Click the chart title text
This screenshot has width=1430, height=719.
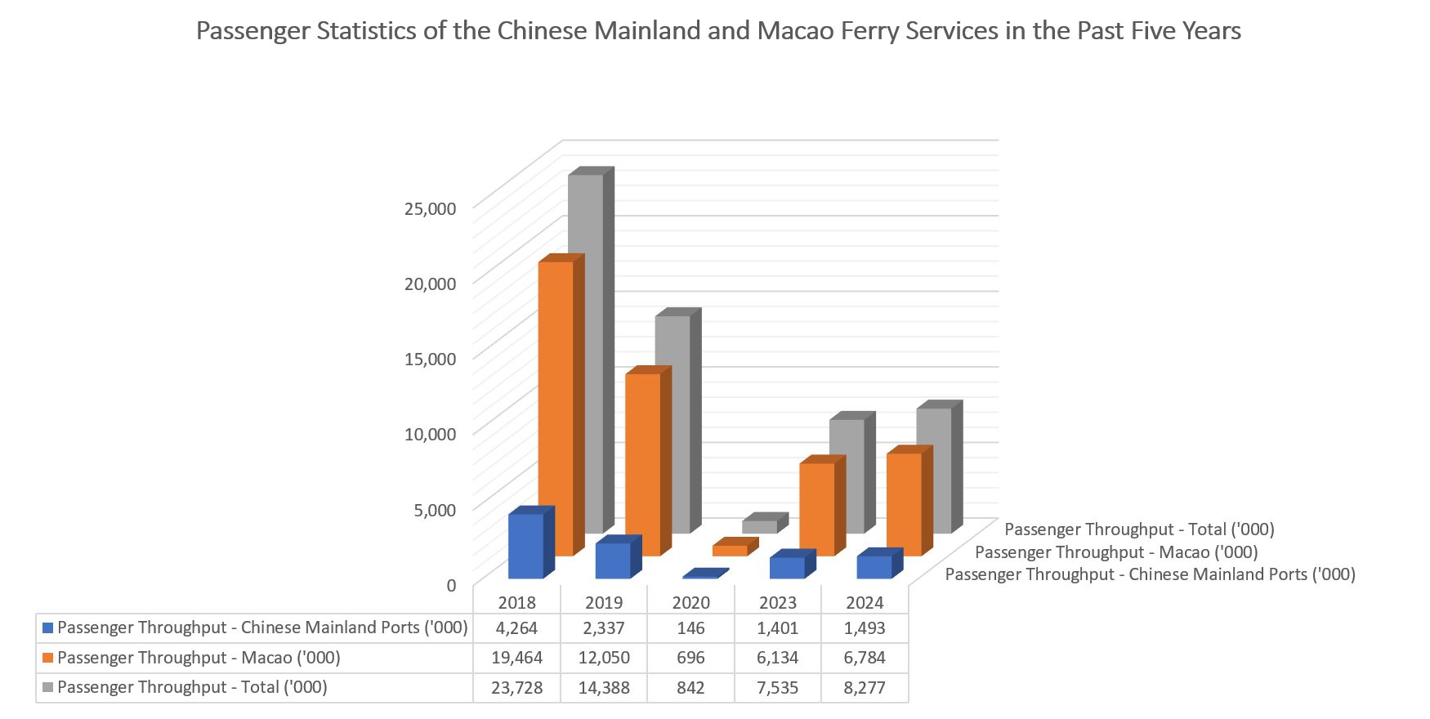tap(718, 31)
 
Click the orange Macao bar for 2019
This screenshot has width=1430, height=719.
tap(643, 466)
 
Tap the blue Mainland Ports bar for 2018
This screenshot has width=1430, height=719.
tap(526, 546)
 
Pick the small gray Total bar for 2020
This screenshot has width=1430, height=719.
tap(760, 526)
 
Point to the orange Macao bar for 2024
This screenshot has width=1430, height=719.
tap(904, 504)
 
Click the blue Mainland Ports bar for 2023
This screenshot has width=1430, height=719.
tap(788, 568)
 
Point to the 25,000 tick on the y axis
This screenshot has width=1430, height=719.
tap(430, 208)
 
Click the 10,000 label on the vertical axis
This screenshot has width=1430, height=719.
tap(430, 434)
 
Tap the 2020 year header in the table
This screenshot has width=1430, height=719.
tap(690, 603)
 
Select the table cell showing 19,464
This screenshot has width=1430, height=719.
tap(516, 658)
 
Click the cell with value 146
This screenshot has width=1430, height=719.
tap(690, 628)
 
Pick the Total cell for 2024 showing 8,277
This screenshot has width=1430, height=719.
tap(865, 688)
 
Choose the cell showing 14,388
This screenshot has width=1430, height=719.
tap(604, 688)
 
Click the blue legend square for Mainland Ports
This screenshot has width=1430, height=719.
tap(47, 628)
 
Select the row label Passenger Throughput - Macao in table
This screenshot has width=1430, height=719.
tap(199, 658)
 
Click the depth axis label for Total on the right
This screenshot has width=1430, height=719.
tap(1139, 529)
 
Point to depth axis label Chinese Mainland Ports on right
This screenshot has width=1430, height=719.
tap(1150, 574)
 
